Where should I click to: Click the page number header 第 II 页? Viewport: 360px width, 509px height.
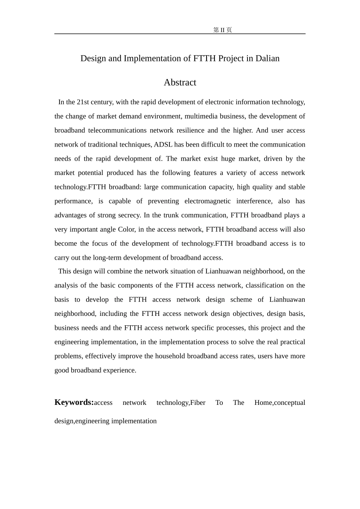click(222, 30)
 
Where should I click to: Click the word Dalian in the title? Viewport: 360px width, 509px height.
click(267, 58)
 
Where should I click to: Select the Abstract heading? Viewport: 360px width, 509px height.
click(180, 83)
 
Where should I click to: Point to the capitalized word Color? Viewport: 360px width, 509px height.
click(126, 230)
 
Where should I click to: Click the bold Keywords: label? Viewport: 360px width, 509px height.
click(74, 402)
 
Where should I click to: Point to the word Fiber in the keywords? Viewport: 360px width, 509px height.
click(197, 403)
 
